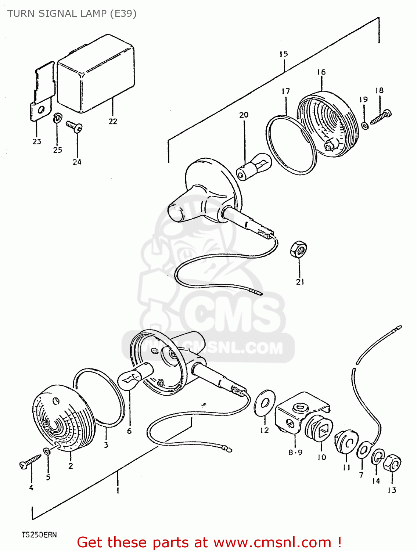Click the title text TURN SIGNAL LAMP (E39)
[72, 14]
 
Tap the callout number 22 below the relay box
[113, 121]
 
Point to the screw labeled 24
[74, 126]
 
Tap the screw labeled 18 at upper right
[381, 117]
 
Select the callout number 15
[283, 54]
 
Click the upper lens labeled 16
[327, 125]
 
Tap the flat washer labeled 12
[265, 403]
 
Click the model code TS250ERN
[39, 534]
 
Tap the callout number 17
[286, 91]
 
